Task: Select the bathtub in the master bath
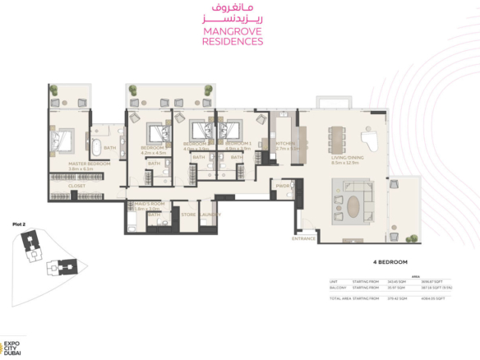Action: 97,149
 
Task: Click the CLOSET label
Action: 76,186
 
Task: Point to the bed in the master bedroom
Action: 62,140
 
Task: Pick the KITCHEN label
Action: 286,144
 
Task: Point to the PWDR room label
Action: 283,186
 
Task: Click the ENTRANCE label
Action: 303,238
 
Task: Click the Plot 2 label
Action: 19,224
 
